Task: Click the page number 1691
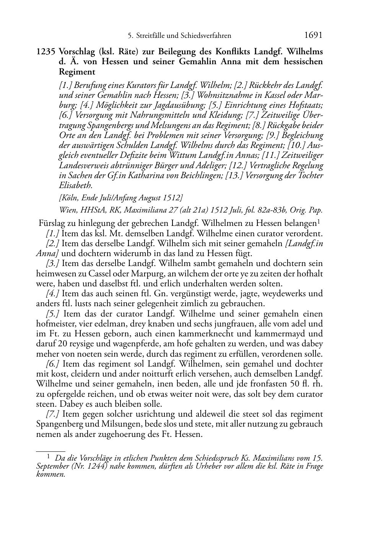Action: coord(313,35)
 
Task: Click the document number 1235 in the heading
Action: coord(46,52)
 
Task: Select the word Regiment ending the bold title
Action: coord(77,71)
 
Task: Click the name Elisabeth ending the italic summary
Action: coord(75,186)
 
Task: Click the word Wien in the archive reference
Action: coord(67,210)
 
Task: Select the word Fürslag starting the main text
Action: coord(52,223)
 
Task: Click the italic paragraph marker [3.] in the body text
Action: coord(52,263)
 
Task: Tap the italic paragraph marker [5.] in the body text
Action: coord(52,314)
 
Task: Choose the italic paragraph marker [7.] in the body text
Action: coord(52,414)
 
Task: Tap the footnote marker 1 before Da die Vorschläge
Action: coord(49,456)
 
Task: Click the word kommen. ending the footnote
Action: coord(50,474)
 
